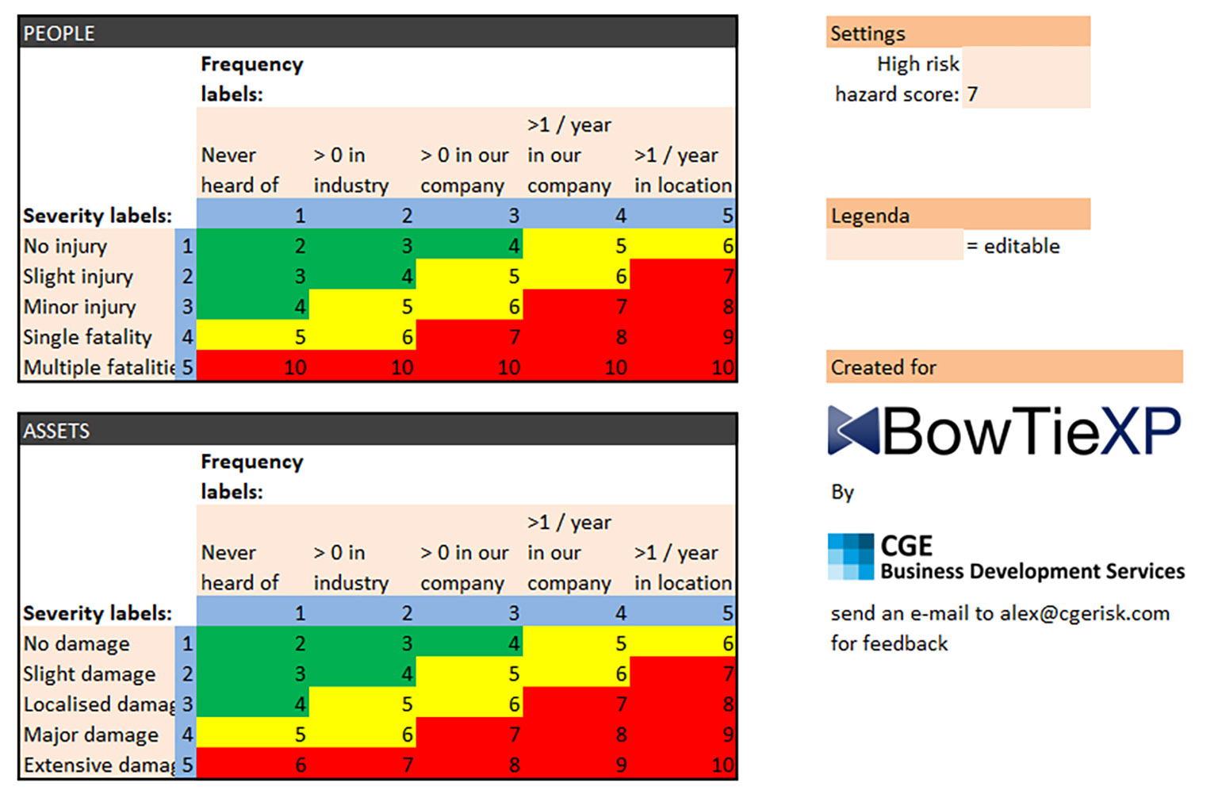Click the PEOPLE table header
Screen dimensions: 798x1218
click(59, 33)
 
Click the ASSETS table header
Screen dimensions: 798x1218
click(56, 431)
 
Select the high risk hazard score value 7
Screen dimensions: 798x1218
click(972, 94)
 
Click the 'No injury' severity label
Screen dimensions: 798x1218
click(65, 246)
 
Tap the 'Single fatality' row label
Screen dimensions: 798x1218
click(87, 337)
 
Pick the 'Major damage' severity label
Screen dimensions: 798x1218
click(91, 735)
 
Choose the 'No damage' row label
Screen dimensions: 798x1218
click(76, 643)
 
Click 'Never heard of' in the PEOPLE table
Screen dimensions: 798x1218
click(239, 170)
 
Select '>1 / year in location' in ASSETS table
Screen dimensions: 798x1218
click(682, 567)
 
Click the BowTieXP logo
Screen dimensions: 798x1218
click(1004, 431)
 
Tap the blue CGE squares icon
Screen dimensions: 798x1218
click(851, 556)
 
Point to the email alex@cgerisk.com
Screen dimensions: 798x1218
click(1085, 613)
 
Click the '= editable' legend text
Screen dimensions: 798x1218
click(1013, 246)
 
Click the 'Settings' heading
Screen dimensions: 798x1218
click(868, 33)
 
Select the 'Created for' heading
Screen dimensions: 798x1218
click(883, 367)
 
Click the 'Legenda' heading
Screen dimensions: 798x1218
click(870, 216)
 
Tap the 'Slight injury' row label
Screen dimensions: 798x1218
click(78, 276)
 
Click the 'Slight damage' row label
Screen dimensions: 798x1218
click(89, 673)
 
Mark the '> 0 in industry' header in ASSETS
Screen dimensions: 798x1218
click(350, 567)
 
